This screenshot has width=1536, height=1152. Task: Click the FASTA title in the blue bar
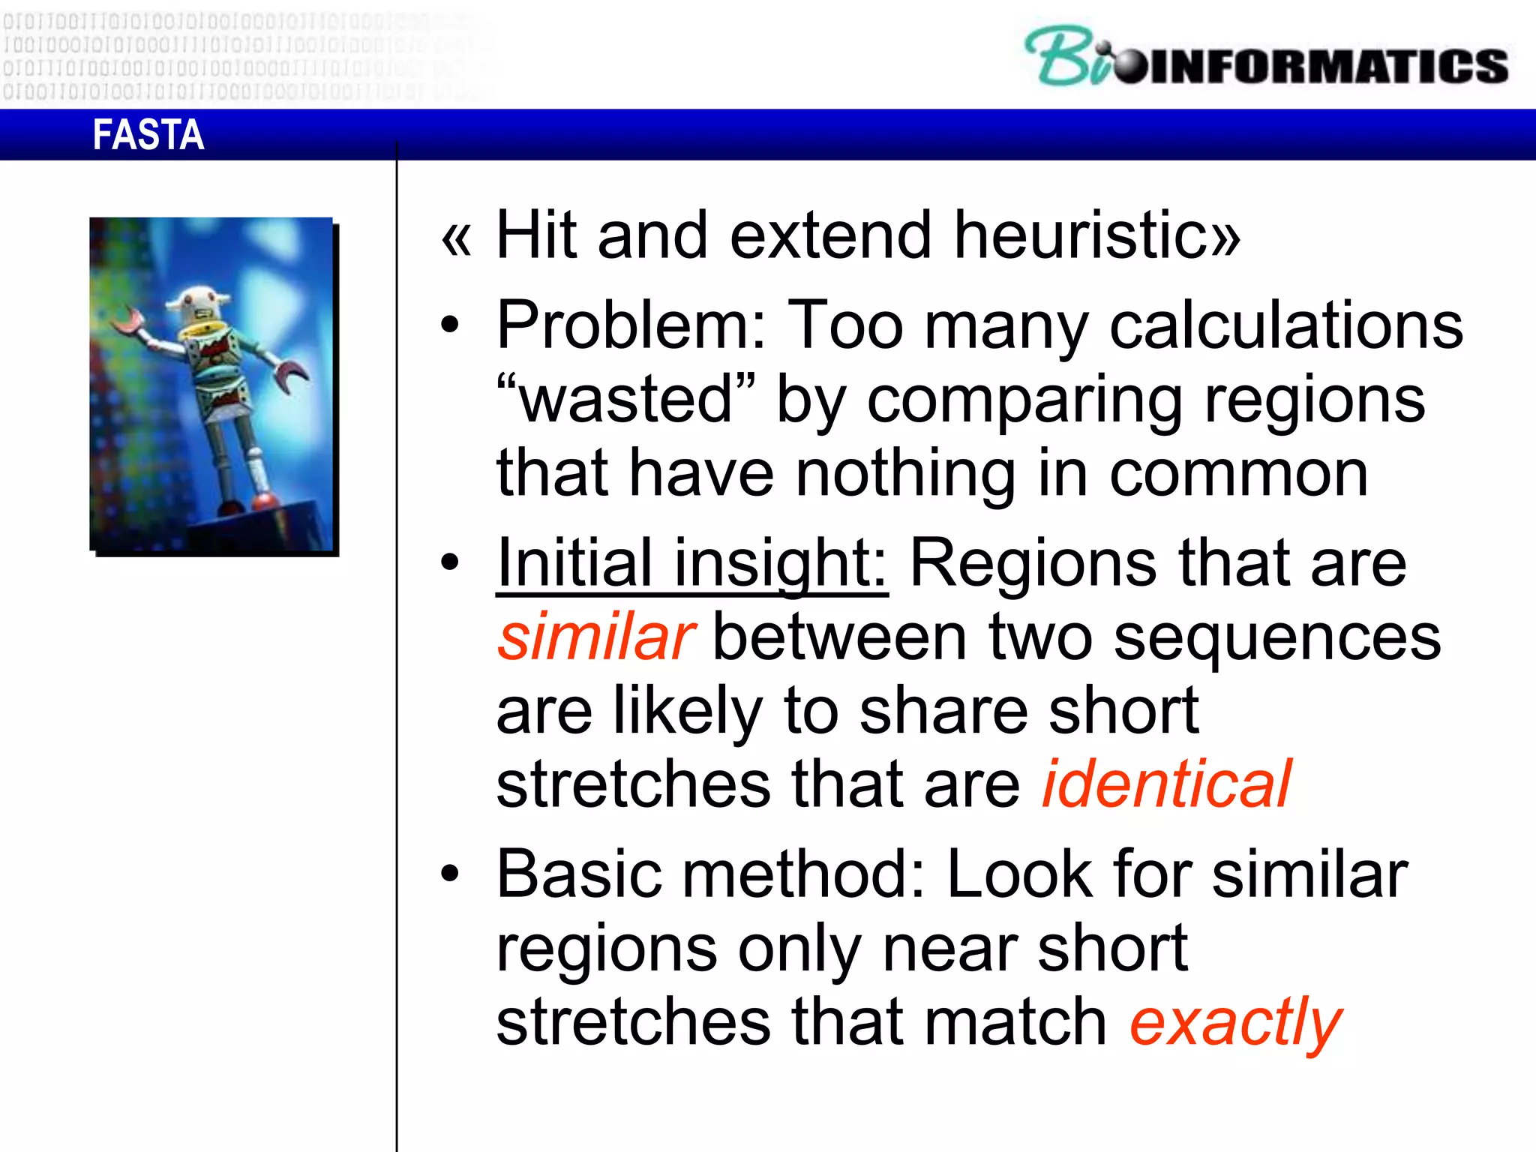point(148,135)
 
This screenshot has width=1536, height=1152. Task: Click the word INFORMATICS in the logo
point(1327,66)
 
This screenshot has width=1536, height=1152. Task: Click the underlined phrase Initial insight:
point(691,564)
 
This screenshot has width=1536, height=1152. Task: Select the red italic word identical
point(1167,784)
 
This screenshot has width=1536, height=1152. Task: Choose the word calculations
point(1285,325)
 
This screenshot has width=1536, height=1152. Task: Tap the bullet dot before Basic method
point(449,874)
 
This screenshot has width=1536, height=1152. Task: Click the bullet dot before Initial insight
point(449,562)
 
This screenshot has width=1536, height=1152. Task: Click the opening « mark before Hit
point(456,238)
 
